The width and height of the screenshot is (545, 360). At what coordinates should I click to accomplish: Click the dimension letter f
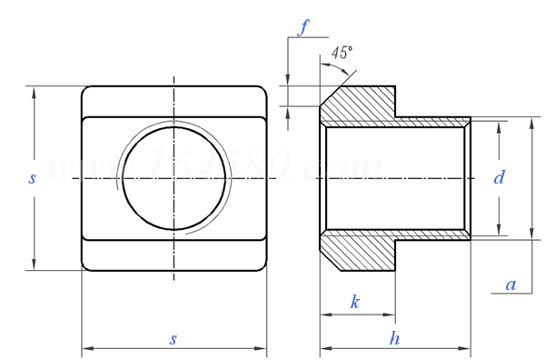tap(306, 26)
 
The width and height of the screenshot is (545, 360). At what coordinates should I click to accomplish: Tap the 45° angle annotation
tap(341, 53)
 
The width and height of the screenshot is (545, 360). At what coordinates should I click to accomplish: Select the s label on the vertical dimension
tap(32, 179)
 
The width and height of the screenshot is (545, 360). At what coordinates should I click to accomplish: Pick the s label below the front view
tap(173, 338)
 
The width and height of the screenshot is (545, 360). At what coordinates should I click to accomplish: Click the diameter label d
tap(499, 178)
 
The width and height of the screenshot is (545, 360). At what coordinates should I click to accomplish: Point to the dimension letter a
tap(510, 285)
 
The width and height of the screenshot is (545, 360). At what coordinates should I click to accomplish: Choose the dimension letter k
tap(355, 302)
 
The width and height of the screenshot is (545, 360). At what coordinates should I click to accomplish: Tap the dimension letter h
tap(394, 338)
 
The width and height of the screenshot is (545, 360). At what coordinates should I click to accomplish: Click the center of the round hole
tap(173, 178)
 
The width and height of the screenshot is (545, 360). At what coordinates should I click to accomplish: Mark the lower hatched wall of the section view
tap(363, 252)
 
